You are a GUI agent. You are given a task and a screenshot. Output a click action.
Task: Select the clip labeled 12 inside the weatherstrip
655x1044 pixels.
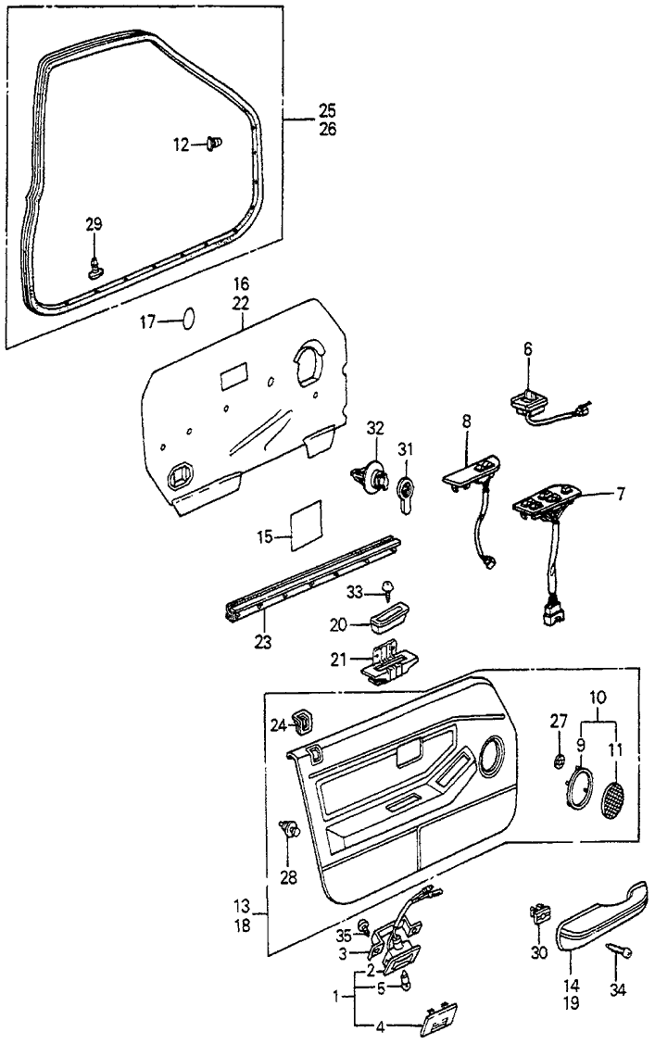(x=216, y=143)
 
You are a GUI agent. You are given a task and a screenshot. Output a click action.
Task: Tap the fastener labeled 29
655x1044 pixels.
(x=95, y=270)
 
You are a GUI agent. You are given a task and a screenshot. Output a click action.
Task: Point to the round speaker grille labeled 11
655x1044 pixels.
(x=613, y=799)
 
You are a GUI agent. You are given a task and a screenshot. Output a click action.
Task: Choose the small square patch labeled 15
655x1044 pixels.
(x=305, y=525)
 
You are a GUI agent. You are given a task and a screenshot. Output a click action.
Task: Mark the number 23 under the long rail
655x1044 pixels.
(x=263, y=639)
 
